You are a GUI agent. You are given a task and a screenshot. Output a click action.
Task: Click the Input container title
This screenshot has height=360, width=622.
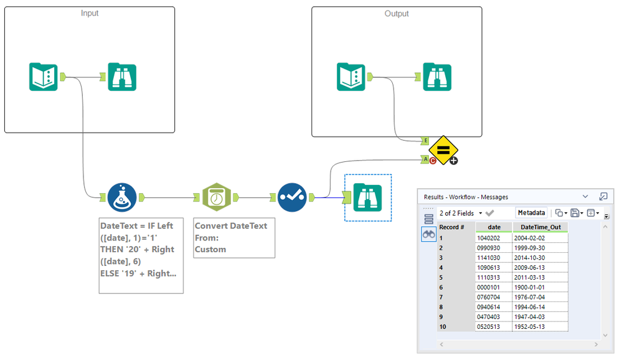pyautogui.click(x=90, y=13)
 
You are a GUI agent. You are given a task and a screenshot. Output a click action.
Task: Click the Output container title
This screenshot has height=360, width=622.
pyautogui.click(x=397, y=13)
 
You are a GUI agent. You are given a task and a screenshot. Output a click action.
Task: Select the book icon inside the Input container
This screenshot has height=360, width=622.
pyautogui.click(x=44, y=77)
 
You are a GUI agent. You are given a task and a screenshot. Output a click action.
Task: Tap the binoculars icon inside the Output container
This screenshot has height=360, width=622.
pyautogui.click(x=437, y=77)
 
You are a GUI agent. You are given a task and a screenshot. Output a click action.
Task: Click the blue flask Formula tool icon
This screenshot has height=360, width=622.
pyautogui.click(x=122, y=197)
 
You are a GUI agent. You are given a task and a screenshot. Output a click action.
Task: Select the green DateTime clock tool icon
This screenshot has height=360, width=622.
pyautogui.click(x=216, y=197)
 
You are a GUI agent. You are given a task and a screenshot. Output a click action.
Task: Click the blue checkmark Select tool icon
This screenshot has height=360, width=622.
pyautogui.click(x=292, y=197)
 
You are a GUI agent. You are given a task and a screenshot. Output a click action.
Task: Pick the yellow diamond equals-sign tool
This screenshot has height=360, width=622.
pyautogui.click(x=443, y=150)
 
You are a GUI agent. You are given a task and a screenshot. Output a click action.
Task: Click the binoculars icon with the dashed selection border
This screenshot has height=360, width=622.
pyautogui.click(x=367, y=197)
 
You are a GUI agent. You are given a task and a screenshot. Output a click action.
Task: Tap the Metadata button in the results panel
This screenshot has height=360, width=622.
pyautogui.click(x=531, y=213)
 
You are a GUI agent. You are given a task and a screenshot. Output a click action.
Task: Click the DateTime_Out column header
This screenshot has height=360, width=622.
pyautogui.click(x=540, y=227)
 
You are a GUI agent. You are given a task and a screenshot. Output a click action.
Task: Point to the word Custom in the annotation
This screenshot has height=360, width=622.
pyautogui.click(x=210, y=249)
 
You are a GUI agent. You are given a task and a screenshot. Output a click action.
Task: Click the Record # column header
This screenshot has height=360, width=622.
pyautogui.click(x=452, y=227)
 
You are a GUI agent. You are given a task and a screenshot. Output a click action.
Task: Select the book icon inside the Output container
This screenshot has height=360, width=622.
pyautogui.click(x=351, y=77)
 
